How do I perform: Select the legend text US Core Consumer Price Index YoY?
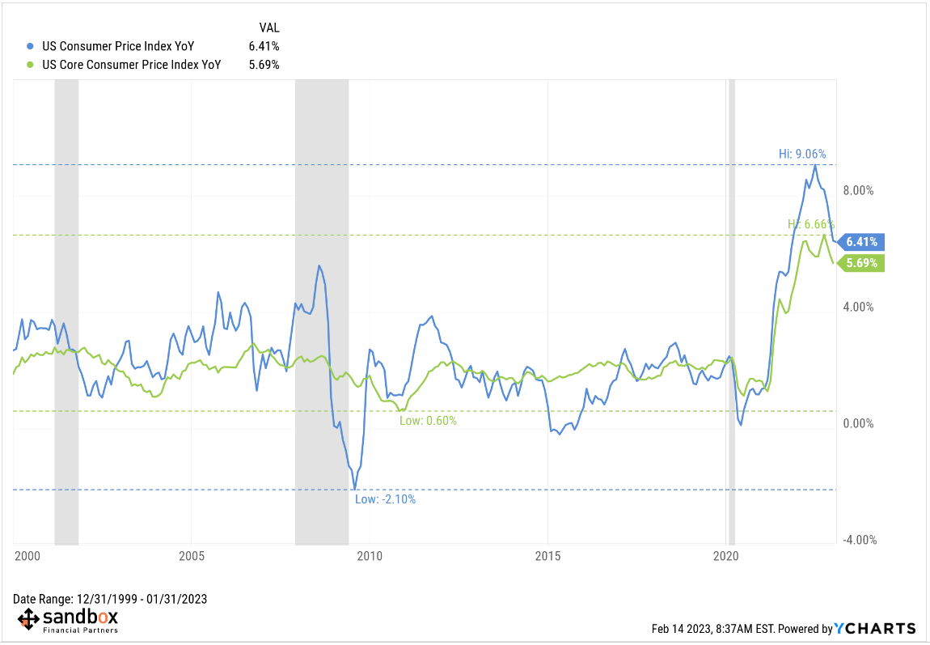tap(131, 65)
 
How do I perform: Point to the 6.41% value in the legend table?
tap(264, 46)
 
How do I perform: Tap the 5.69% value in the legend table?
tap(264, 65)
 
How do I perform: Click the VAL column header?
tap(269, 28)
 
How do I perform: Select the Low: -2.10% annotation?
tap(385, 499)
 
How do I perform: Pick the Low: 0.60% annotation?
tap(428, 421)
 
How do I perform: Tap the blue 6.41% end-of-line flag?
tap(862, 241)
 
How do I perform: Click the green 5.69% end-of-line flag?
tap(862, 262)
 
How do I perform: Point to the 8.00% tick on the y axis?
tap(860, 191)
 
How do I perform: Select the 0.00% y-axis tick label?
tap(860, 424)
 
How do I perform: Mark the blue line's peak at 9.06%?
tap(815, 165)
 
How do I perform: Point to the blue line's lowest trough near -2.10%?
tap(354, 489)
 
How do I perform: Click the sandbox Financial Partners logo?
tap(68, 621)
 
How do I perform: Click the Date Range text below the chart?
tap(110, 599)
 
